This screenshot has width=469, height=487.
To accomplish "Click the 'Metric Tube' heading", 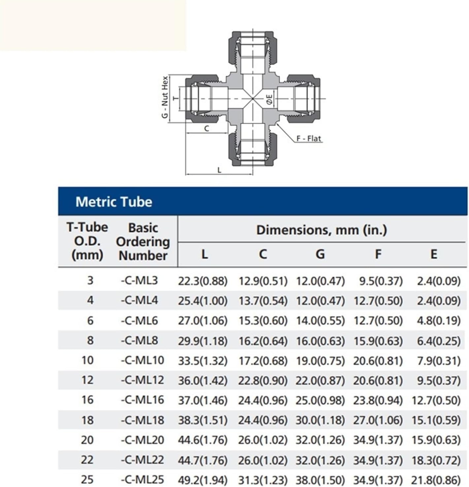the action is coord(114,202).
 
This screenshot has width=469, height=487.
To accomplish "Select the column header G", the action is coord(320,254).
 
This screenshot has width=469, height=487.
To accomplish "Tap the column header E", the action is coord(434,254).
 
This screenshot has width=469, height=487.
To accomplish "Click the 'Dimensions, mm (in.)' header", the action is coord(321,230).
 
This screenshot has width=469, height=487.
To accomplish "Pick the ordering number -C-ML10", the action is coord(142,360).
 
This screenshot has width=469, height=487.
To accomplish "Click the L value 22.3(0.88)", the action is coord(203,281).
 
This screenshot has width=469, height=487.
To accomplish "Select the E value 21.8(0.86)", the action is coord(435,480).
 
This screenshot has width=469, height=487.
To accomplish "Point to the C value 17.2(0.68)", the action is coord(263,361).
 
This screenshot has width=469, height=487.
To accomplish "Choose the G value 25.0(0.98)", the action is coord(320,400).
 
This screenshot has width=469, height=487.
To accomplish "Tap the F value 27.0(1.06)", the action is coord(378,420).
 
